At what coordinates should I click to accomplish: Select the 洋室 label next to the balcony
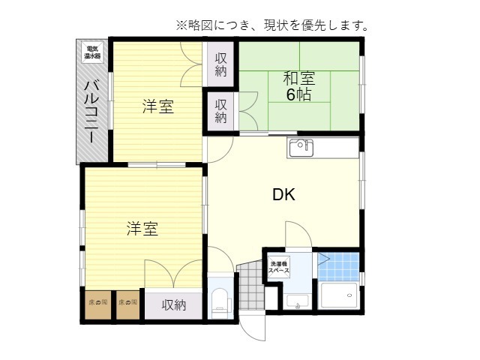(x=158, y=106)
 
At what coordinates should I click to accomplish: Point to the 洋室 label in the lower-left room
(x=142, y=229)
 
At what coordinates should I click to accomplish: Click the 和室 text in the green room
(x=298, y=78)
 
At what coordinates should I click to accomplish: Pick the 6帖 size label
(x=298, y=94)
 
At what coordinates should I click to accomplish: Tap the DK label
(x=283, y=195)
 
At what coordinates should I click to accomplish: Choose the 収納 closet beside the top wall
(x=220, y=65)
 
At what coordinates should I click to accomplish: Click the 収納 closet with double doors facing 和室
(x=221, y=111)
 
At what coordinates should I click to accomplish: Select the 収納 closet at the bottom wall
(x=173, y=305)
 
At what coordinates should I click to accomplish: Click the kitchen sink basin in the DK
(x=300, y=146)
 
